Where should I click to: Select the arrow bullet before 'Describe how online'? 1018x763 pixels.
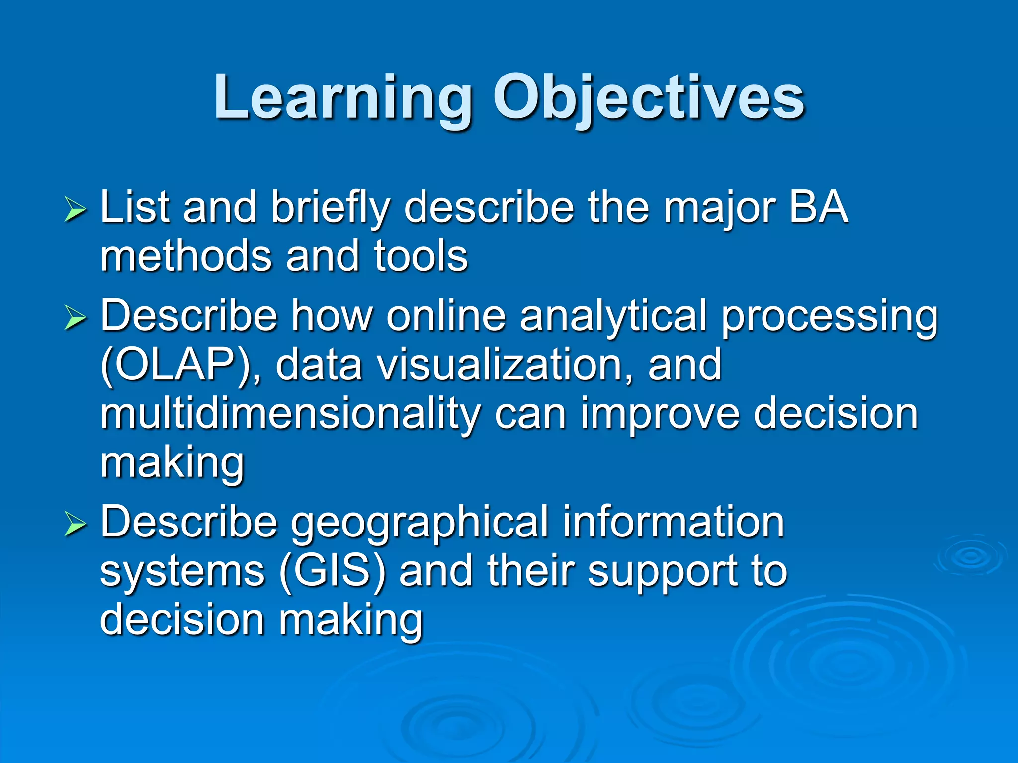coord(76,318)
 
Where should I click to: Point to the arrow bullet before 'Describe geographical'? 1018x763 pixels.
coord(76,525)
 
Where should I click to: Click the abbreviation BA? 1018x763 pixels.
coord(818,207)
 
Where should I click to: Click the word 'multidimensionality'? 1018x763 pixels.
coord(290,415)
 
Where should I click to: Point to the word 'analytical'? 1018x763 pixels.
coord(613,317)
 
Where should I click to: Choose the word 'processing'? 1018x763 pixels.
coord(829,318)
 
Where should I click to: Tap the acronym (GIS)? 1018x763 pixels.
coord(333,571)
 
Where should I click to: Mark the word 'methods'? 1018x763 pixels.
coord(186,256)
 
